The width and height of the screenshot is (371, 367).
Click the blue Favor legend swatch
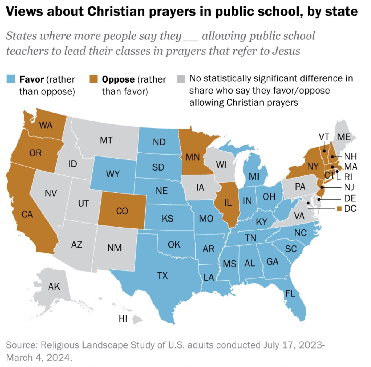[x=11, y=79]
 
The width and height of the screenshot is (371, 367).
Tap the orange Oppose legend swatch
[x=93, y=79]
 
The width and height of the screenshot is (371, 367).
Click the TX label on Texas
[x=162, y=275]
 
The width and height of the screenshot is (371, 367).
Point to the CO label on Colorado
[x=122, y=211]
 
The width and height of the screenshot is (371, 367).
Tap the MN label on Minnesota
[x=192, y=157]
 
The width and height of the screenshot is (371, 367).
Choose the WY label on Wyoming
[x=113, y=174]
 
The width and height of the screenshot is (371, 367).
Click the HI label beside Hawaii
[x=123, y=319]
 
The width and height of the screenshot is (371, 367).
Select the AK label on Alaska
[x=54, y=287]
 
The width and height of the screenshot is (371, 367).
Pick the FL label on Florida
[x=290, y=293]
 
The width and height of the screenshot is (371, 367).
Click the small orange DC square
[x=339, y=209]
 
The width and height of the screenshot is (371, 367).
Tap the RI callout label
[x=348, y=177]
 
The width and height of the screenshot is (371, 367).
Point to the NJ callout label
[x=349, y=187]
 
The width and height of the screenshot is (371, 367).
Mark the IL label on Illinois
[x=228, y=203]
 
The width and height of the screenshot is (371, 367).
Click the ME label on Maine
[x=344, y=137]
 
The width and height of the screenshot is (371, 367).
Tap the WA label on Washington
[x=46, y=125]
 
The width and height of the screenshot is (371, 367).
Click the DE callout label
[x=350, y=198]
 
